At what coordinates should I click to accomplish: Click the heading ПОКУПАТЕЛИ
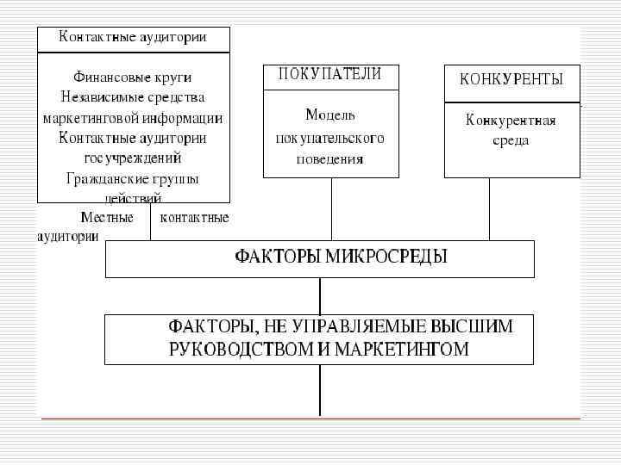[x=329, y=74]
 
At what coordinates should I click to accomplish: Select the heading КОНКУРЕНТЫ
[x=511, y=79]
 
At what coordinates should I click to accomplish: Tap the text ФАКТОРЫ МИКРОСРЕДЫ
[x=342, y=257]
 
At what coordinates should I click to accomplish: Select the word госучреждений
[x=133, y=158]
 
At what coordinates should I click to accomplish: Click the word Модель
[x=329, y=115]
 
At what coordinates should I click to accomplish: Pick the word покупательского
[x=330, y=138]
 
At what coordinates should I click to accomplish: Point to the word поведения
[x=330, y=159]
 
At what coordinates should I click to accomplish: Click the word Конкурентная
[x=511, y=121]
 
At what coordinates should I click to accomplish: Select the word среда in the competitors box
[x=511, y=140]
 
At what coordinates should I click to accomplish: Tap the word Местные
[x=107, y=218]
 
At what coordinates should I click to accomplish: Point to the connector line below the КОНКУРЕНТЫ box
[x=489, y=208]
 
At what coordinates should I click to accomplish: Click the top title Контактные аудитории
[x=133, y=37]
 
